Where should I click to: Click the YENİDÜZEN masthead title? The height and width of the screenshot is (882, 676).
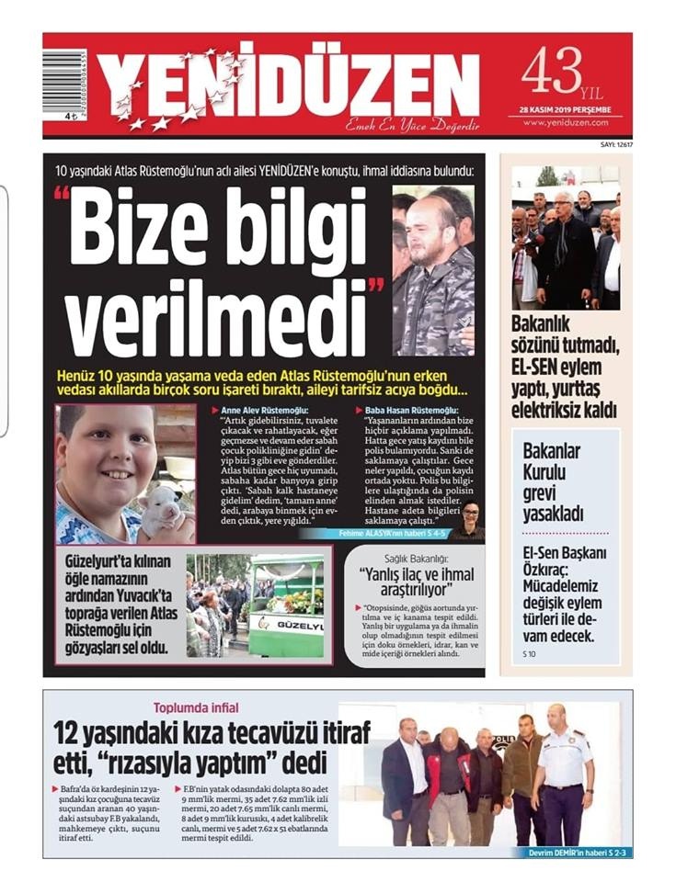290,85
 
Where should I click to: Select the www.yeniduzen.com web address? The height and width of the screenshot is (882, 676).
565,122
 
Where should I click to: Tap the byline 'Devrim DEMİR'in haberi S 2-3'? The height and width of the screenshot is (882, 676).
573,853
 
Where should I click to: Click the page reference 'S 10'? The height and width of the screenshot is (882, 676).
530,653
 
